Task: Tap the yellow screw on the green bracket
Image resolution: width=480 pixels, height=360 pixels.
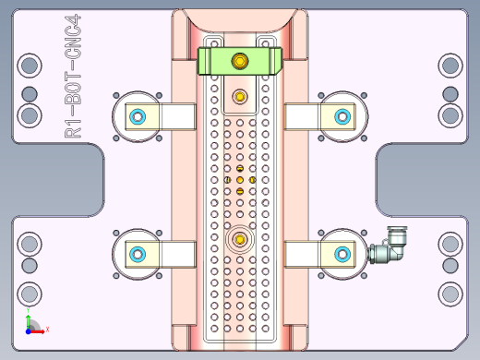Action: tap(240, 62)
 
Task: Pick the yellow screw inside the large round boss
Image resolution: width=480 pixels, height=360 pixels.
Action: tap(240, 240)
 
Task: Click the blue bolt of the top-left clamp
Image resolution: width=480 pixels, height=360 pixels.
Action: tap(138, 116)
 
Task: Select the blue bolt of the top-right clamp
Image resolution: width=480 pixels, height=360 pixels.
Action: tap(342, 116)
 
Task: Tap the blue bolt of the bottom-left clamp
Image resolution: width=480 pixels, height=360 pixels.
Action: tap(138, 254)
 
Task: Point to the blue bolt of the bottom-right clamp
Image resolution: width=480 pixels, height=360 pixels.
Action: tap(342, 254)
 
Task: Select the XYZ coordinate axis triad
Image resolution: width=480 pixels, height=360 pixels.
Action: tap(32, 325)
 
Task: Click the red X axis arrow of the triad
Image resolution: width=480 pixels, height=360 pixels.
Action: tap(42, 329)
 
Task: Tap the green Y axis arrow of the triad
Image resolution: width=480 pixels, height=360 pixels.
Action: tap(28, 317)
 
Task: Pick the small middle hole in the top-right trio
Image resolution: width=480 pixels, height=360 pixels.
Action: tap(450, 92)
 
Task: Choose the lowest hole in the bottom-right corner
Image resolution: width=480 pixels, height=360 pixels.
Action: tap(450, 294)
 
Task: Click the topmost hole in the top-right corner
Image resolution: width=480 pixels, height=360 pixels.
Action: tap(450, 66)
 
